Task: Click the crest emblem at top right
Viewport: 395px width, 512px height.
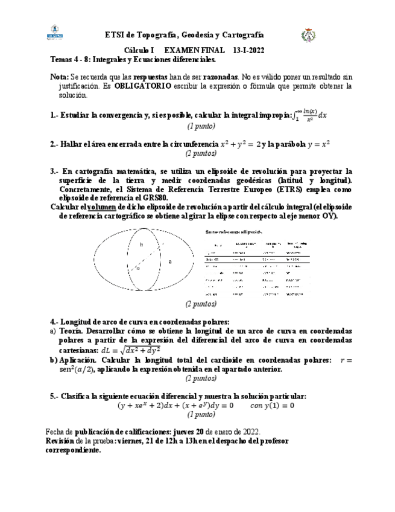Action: coord(306,36)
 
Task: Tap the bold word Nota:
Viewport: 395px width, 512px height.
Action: coord(59,77)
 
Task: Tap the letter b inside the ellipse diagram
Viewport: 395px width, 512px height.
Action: coord(141,245)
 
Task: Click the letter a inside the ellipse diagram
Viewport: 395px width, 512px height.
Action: coord(169,261)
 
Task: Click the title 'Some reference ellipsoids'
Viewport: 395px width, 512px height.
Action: coord(234,231)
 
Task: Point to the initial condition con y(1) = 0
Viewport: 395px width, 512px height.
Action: coord(272,406)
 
